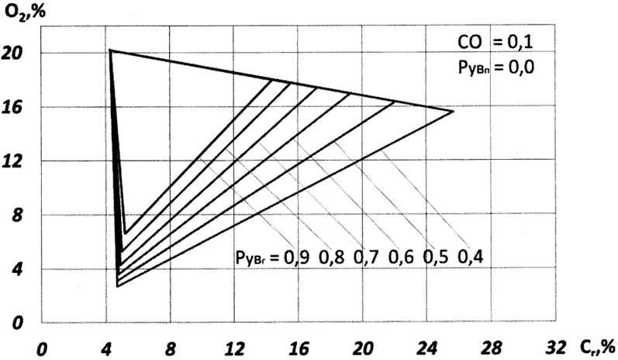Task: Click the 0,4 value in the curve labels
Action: coord(471,257)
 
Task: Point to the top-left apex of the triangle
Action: coord(109,50)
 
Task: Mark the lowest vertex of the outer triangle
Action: coord(117,286)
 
